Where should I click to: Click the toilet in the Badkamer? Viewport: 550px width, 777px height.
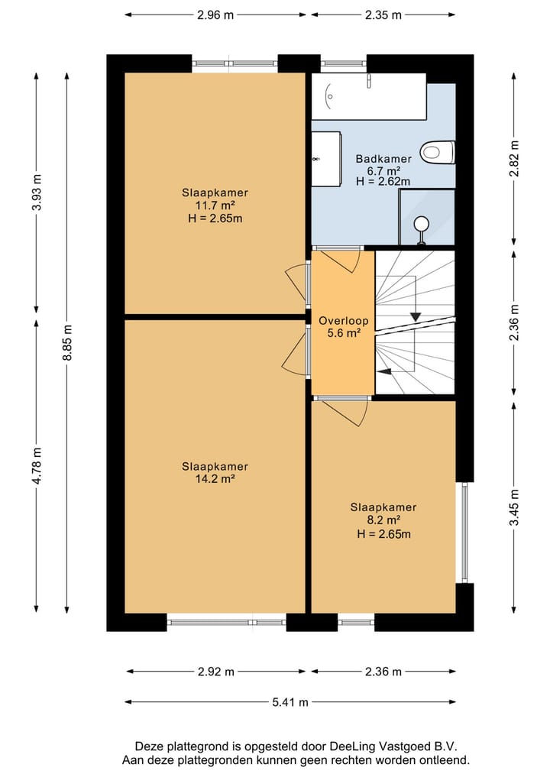click(438, 152)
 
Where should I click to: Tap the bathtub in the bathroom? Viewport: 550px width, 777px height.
click(369, 96)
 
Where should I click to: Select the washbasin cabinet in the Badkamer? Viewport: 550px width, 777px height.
click(326, 159)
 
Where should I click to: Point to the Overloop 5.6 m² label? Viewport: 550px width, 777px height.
click(344, 326)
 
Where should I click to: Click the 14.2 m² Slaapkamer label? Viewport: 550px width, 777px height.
click(215, 473)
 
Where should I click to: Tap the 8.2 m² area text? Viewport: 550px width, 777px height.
click(383, 520)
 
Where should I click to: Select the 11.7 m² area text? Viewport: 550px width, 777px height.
click(215, 206)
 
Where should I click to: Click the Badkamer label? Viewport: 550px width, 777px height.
click(383, 159)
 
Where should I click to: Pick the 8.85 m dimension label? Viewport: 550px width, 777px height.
click(67, 343)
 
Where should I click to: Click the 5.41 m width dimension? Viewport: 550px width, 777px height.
click(290, 702)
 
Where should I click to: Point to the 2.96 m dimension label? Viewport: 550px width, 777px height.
click(215, 15)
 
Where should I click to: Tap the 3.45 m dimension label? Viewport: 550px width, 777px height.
click(515, 507)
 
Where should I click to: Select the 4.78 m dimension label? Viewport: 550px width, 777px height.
click(37, 466)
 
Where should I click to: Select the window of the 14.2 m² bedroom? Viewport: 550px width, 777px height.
click(226, 621)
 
